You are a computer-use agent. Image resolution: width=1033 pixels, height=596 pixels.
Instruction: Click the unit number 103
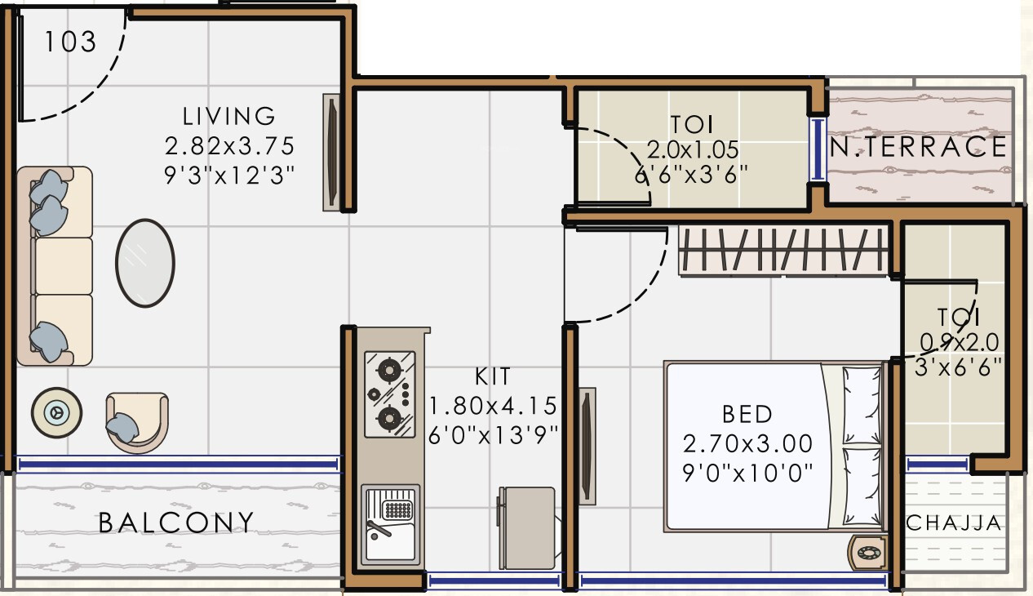click(69, 41)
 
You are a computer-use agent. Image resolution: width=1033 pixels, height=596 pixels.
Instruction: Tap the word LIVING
click(229, 116)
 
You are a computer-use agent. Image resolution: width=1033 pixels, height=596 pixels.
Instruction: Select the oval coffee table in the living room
click(145, 262)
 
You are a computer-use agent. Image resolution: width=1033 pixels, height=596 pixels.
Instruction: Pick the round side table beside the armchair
click(57, 413)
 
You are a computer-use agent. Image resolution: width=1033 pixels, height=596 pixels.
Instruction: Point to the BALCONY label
click(176, 523)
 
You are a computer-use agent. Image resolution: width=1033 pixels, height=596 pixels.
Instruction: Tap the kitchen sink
click(391, 523)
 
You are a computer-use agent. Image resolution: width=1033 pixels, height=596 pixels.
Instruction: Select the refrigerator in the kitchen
click(527, 527)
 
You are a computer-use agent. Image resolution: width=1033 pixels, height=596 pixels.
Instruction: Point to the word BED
click(747, 414)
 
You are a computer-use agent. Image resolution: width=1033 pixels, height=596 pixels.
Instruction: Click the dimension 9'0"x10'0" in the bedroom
click(747, 473)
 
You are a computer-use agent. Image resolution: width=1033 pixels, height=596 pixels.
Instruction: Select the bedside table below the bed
click(867, 554)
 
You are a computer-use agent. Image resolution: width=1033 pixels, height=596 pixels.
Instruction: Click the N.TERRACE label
click(918, 147)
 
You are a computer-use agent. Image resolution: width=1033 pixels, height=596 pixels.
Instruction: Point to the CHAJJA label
click(953, 523)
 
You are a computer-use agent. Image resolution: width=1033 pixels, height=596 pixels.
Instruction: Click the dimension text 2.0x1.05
click(693, 149)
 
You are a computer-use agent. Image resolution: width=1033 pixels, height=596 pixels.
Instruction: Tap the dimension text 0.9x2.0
click(960, 341)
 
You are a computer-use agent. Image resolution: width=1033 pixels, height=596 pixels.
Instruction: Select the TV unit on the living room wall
click(331, 153)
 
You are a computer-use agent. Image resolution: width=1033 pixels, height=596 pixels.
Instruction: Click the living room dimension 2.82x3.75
click(229, 146)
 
